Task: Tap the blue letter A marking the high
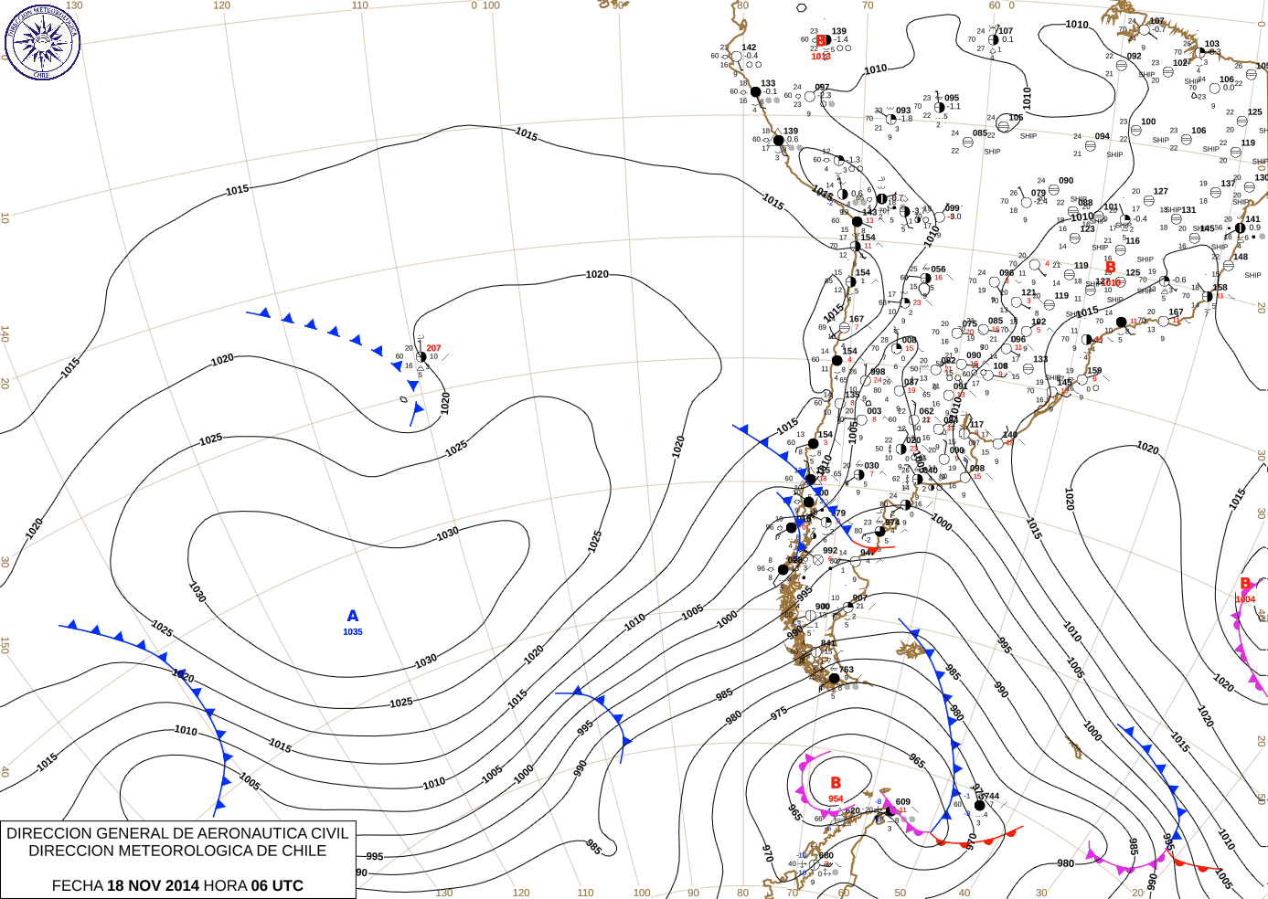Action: click(x=353, y=617)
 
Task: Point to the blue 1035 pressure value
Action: click(x=353, y=632)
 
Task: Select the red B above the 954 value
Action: click(x=836, y=783)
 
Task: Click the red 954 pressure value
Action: click(x=836, y=799)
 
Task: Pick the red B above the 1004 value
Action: click(x=1245, y=584)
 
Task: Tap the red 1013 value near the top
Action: click(x=821, y=57)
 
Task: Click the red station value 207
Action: click(x=433, y=348)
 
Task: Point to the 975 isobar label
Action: click(x=779, y=714)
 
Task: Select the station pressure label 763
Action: click(x=847, y=670)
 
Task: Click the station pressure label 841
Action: click(x=828, y=643)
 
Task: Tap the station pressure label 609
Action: click(x=902, y=802)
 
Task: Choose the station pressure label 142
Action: click(x=749, y=48)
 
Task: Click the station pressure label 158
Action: click(x=1220, y=288)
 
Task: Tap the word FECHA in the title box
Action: click(x=77, y=885)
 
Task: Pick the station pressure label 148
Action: click(x=1240, y=257)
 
